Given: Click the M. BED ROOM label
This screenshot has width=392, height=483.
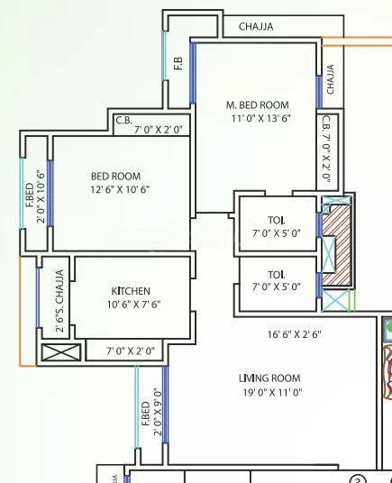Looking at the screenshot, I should pos(257,105).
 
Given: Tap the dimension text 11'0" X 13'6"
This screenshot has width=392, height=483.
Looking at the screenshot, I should pos(257,117).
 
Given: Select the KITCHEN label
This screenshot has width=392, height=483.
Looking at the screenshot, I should pos(131,291).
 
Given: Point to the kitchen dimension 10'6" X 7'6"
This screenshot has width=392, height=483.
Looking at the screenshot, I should pos(131,305).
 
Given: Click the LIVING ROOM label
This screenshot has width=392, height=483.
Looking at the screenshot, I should pos(269,378).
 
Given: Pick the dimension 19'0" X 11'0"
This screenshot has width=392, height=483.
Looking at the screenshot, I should pos(269,392).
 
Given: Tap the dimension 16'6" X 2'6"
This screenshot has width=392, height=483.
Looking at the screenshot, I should pos(294,334).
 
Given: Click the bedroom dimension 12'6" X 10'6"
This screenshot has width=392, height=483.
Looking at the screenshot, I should pos(118,189).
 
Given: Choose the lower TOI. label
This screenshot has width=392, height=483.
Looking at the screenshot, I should pos(276,274).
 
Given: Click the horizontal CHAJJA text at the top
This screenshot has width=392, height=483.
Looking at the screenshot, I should pos(256,27).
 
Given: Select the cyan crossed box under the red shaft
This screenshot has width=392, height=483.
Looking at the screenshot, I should pos(337,301).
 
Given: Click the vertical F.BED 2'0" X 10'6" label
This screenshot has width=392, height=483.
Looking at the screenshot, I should pos(35,196).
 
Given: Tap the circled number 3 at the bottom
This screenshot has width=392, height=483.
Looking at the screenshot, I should pos(358,478).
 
